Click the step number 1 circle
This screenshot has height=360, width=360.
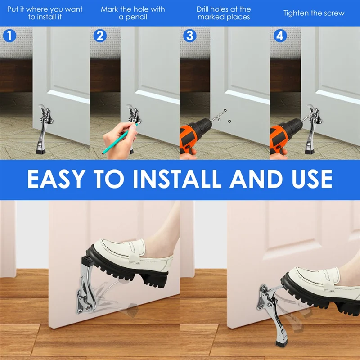click(9, 36)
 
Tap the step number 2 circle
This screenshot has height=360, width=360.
click(99, 36)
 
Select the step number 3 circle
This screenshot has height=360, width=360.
click(189, 36)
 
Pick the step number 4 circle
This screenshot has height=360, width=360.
click(279, 36)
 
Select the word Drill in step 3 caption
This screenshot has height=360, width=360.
click(205, 9)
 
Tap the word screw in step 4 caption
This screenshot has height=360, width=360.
click(334, 13)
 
